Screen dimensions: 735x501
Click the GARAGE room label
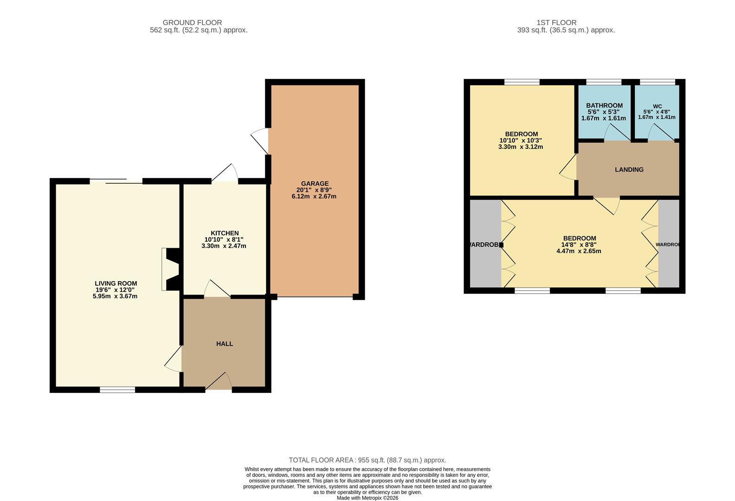pos(315,183)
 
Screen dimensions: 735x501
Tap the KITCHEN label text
pos(225,233)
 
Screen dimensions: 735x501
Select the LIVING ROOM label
pos(116,283)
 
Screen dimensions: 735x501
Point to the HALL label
pos(225,344)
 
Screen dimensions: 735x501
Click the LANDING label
pos(629,170)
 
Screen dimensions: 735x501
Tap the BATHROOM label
pos(605,106)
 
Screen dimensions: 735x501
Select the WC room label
pos(657,106)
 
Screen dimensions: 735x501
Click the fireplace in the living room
pos(171,270)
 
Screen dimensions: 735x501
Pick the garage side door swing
pos(259,141)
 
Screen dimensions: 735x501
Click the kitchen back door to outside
pos(225,173)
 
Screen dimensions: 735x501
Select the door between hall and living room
pos(173,359)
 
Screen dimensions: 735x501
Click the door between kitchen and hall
pos(217,289)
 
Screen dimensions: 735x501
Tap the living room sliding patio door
pos(116,181)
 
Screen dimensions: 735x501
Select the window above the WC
pos(658,82)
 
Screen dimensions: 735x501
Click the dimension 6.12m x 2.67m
pos(314,196)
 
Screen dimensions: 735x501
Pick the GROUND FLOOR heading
pos(192,23)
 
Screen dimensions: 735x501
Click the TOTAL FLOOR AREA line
pos(367,460)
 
